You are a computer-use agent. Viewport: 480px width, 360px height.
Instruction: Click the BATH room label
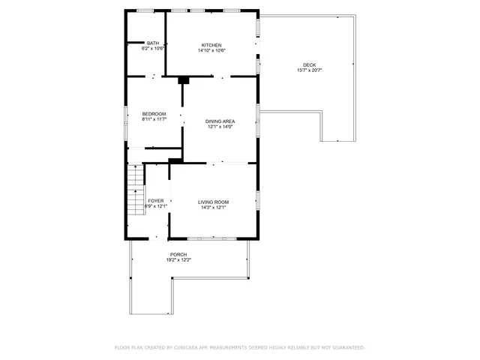point(153,43)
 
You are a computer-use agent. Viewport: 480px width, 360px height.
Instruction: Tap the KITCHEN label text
point(211,45)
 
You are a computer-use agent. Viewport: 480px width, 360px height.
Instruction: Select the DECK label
point(309,64)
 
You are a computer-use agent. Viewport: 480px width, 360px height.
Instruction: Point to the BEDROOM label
point(153,113)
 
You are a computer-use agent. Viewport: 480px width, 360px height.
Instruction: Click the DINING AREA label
point(220,121)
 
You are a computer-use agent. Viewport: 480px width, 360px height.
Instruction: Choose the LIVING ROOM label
point(213,202)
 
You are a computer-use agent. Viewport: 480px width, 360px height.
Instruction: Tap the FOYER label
point(155,201)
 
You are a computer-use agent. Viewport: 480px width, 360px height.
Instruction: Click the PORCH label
point(178,254)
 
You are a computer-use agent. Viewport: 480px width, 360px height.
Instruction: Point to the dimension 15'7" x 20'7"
point(309,70)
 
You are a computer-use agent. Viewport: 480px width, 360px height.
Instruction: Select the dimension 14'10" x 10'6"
point(211,50)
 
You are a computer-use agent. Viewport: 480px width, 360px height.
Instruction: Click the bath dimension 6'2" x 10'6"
point(153,48)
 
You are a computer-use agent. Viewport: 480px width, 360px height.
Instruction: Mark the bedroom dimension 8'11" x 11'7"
point(153,118)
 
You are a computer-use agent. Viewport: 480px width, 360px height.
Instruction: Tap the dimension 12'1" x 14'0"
point(220,127)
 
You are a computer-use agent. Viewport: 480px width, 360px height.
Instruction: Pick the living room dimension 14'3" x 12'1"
point(213,207)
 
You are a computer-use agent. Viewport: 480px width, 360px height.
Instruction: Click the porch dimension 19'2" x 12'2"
point(178,259)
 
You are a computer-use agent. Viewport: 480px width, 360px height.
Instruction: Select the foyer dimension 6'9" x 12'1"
point(155,206)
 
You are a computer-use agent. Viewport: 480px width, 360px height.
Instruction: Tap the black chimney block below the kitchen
point(183,80)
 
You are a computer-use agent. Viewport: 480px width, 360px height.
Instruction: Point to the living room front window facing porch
point(212,238)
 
